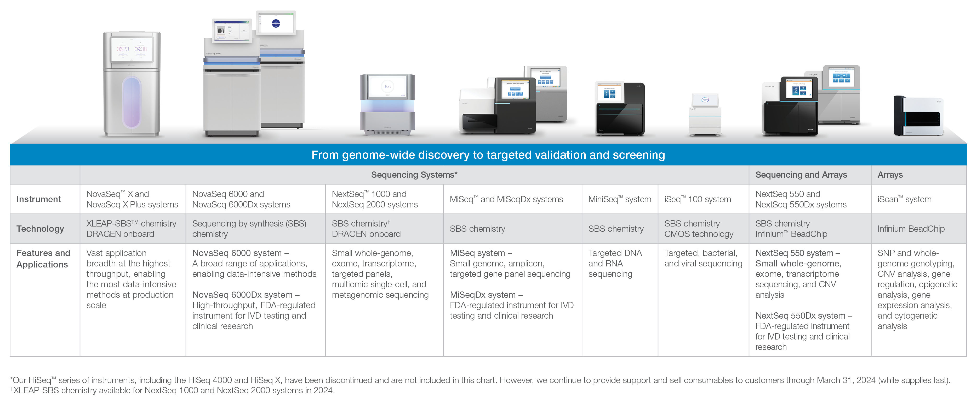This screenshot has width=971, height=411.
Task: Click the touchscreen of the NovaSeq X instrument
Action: click(132, 49)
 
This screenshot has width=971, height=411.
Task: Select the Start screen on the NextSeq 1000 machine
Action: click(387, 87)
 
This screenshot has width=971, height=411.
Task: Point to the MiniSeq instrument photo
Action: click(620, 109)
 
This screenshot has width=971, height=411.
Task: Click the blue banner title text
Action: click(488, 155)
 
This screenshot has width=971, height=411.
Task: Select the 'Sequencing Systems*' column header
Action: click(414, 175)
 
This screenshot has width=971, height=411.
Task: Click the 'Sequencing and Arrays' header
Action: click(801, 175)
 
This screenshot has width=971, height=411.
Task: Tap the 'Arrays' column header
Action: click(890, 175)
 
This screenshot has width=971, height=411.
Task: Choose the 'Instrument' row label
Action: click(39, 199)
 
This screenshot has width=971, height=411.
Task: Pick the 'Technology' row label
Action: click(40, 229)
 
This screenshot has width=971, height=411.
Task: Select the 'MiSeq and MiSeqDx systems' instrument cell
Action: click(506, 199)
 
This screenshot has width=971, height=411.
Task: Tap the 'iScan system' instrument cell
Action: click(904, 199)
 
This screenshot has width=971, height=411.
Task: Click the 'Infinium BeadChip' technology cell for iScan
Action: click(911, 229)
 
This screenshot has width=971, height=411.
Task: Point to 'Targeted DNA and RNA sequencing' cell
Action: click(615, 264)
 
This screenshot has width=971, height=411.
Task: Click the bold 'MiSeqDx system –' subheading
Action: click(486, 295)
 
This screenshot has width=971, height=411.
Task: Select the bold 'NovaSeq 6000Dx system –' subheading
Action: click(246, 295)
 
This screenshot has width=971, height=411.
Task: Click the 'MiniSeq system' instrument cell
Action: click(619, 199)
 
